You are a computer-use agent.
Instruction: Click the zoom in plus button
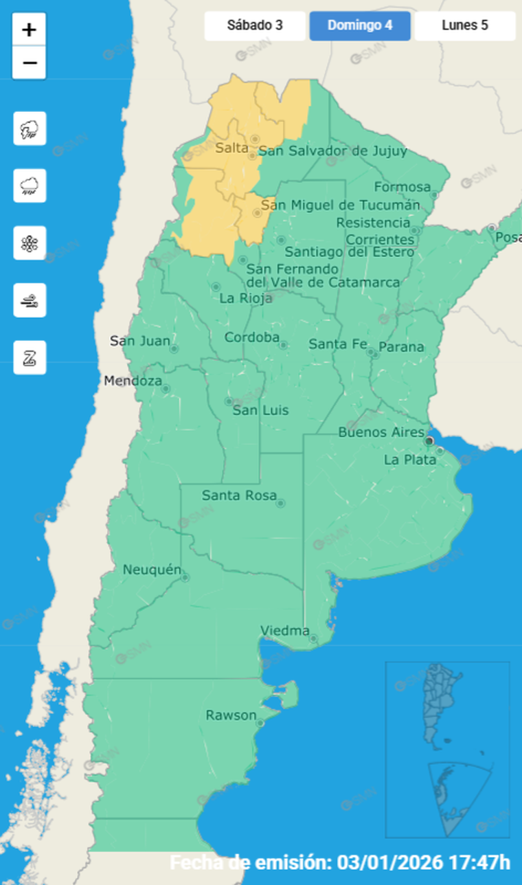(x=29, y=30)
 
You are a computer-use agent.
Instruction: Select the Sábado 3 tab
(x=254, y=26)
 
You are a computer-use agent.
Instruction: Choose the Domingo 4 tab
(x=360, y=26)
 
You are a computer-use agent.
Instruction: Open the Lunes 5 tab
(x=465, y=26)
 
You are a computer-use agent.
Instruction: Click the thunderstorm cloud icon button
(x=30, y=128)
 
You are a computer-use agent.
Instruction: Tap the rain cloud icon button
(x=30, y=186)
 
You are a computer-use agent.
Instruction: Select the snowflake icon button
(x=30, y=243)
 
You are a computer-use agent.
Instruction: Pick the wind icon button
(x=30, y=300)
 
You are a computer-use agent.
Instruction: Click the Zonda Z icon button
(x=30, y=357)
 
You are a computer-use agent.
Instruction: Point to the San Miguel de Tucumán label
(x=340, y=205)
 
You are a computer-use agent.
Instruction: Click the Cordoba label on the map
(x=252, y=337)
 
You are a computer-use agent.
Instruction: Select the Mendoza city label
(x=133, y=381)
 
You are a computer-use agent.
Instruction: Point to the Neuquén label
(x=152, y=570)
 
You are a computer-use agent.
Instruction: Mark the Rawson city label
(x=231, y=715)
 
